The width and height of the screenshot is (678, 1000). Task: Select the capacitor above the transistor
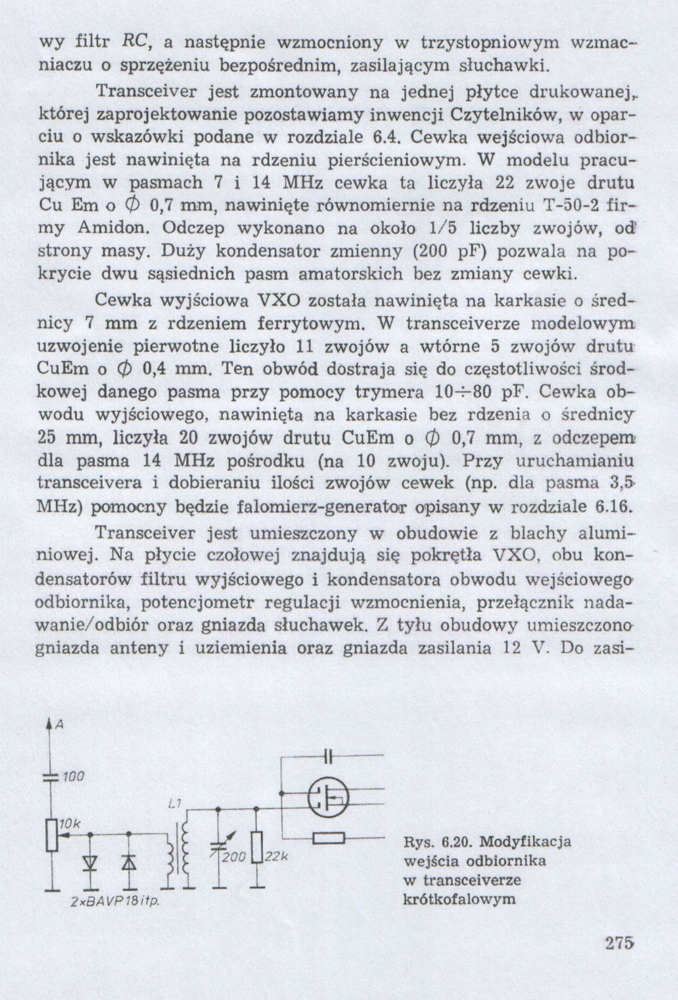[x=328, y=757]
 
